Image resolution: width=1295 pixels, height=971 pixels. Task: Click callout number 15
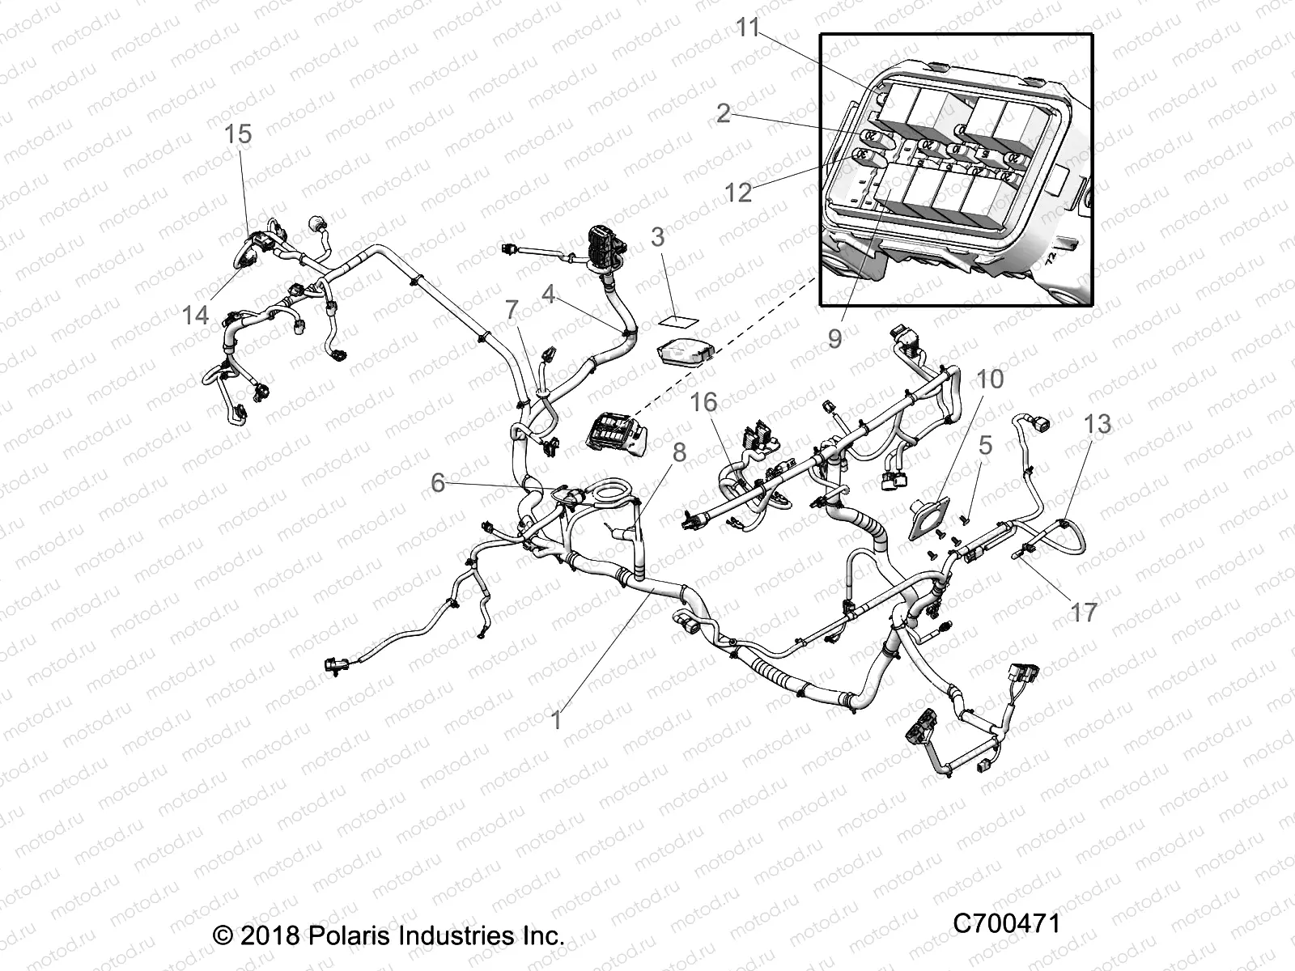tap(238, 134)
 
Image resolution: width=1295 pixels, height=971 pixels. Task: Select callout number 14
tap(195, 316)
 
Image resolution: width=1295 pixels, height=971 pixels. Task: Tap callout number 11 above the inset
tap(749, 28)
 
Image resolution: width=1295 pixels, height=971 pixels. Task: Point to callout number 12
tap(738, 193)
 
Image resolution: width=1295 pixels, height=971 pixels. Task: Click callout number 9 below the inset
tap(834, 338)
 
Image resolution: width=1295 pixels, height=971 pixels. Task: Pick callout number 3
tap(657, 237)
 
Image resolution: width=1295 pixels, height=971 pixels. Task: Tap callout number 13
tap(1098, 424)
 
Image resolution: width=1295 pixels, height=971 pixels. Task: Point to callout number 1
tap(556, 719)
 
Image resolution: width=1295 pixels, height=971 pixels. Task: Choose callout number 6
tap(438, 483)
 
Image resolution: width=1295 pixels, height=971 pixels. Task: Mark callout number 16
tap(704, 402)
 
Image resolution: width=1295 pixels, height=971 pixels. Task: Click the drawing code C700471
tap(1005, 923)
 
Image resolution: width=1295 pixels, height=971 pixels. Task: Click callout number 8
tap(679, 453)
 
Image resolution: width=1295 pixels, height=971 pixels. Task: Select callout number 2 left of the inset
tap(723, 113)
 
